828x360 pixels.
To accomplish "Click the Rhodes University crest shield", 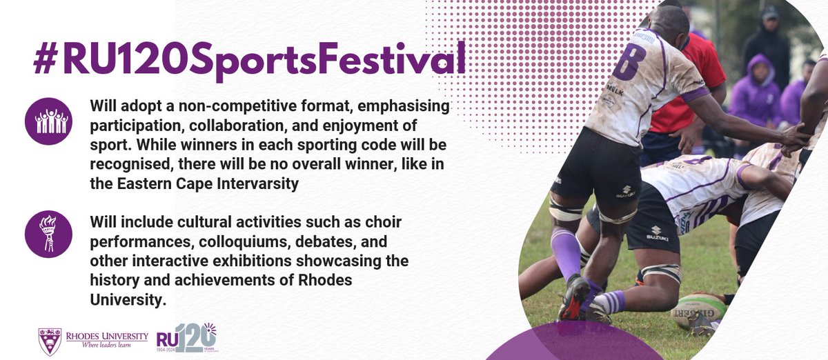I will point(50,341).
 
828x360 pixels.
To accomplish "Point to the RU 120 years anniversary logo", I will point(186,338).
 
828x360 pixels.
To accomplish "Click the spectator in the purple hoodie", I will point(755,90).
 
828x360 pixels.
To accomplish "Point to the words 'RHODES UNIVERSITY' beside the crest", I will point(106,336).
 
